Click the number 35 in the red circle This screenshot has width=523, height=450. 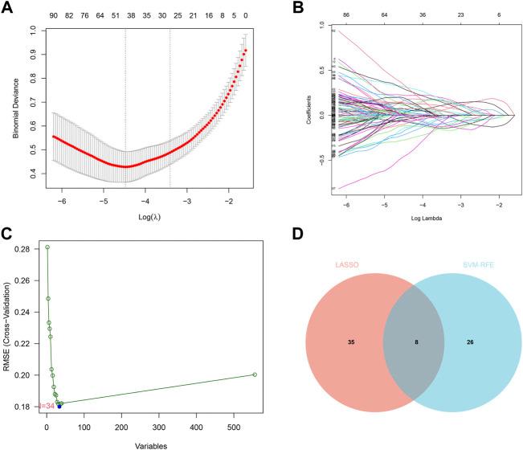pyautogui.click(x=350, y=342)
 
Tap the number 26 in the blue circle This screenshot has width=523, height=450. pyautogui.click(x=469, y=342)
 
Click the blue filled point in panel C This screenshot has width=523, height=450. pyautogui.click(x=59, y=407)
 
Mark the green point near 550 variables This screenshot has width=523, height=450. pyautogui.click(x=255, y=374)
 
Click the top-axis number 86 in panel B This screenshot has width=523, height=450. pyautogui.click(x=323, y=15)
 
